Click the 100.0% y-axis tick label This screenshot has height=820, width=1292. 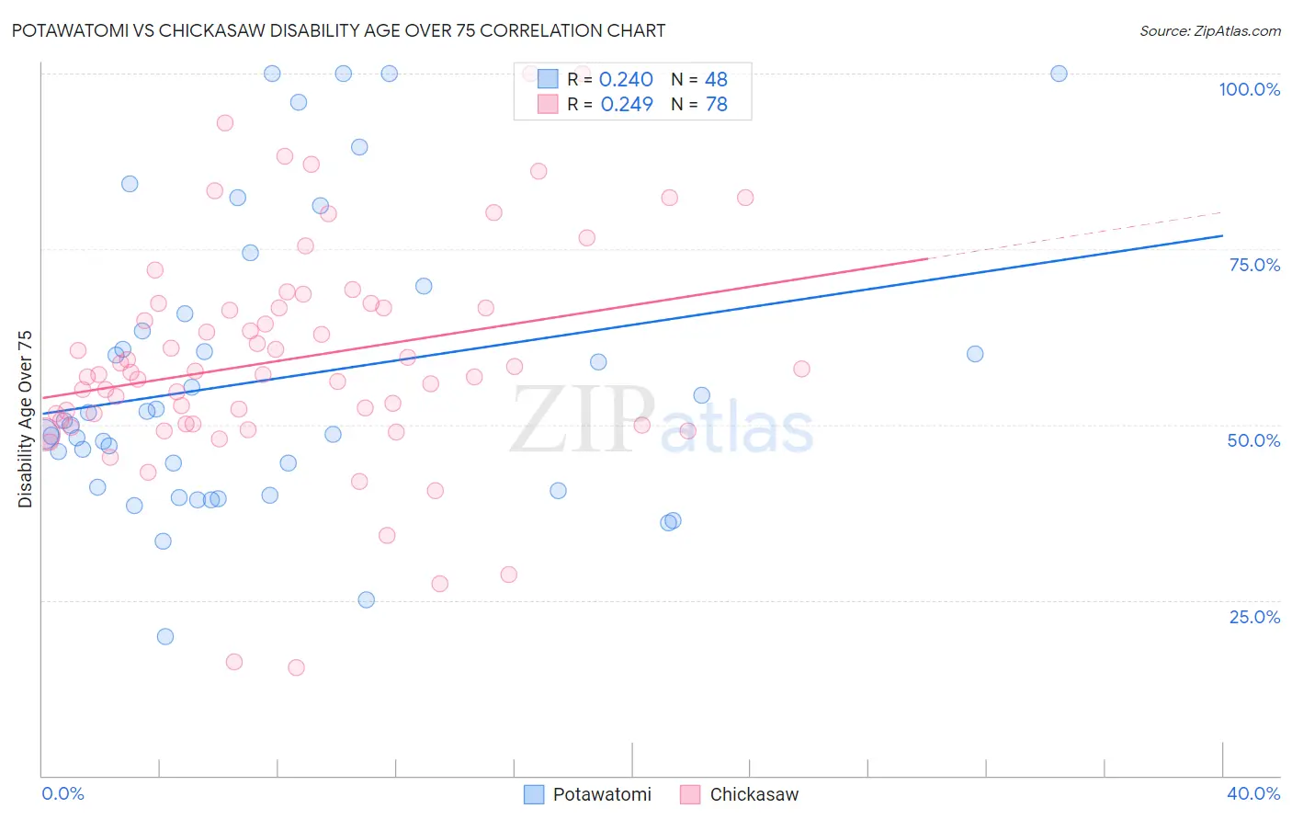click(1249, 89)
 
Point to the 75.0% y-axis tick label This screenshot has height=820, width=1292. click(1254, 265)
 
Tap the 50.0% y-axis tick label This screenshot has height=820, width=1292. click(1253, 440)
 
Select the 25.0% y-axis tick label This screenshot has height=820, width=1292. click(1254, 617)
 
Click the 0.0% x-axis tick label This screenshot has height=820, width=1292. click(62, 793)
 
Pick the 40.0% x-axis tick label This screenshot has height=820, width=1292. click(1253, 793)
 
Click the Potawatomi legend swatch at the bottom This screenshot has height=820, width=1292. click(534, 794)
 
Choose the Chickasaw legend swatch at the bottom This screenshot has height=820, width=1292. click(690, 794)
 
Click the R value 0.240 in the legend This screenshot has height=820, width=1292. click(626, 80)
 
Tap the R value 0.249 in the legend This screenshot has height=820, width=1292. click(627, 105)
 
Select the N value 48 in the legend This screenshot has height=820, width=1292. click(716, 80)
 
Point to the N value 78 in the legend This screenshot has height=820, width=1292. click(716, 105)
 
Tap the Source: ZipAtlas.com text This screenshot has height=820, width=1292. click(1209, 31)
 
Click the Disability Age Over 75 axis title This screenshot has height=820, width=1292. click(26, 418)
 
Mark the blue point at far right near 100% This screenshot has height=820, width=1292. click(1059, 74)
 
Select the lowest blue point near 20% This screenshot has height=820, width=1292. click(165, 636)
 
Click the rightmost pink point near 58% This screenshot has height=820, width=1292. click(801, 369)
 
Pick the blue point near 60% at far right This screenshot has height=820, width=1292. click(975, 354)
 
